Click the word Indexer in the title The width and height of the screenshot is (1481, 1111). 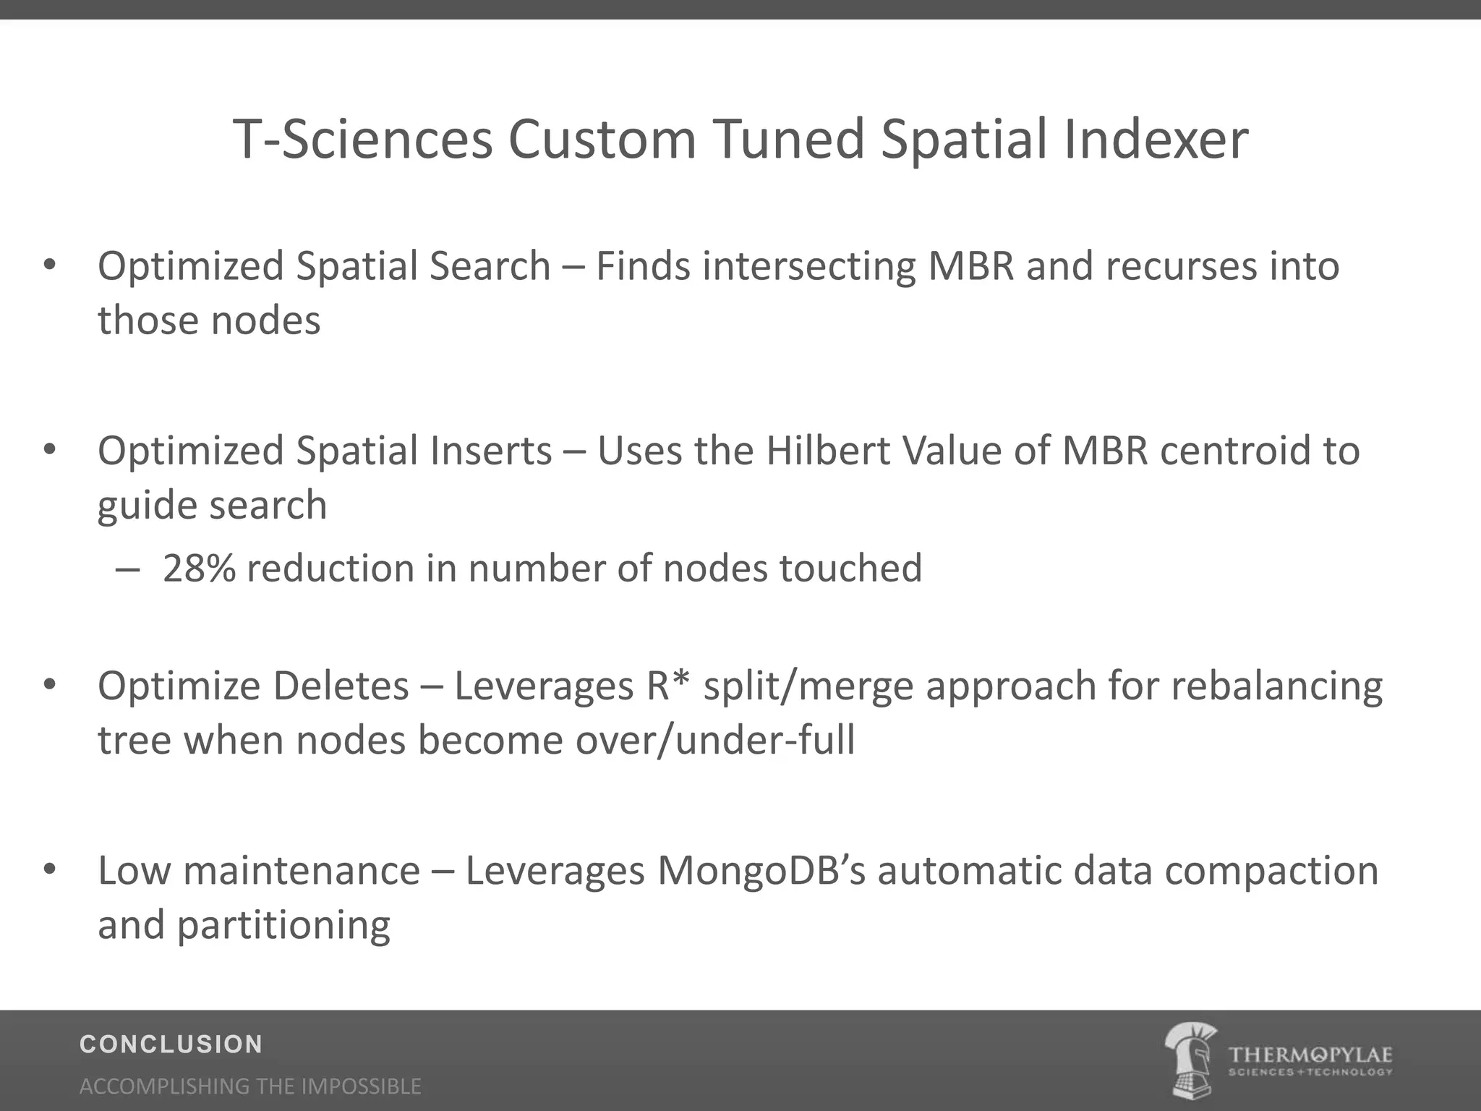[1156, 139]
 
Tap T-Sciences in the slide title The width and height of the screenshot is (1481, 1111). [362, 139]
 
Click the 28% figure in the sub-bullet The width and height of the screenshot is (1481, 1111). [199, 568]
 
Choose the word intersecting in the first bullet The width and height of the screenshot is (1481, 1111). [808, 265]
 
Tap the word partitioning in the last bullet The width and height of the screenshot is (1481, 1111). [283, 925]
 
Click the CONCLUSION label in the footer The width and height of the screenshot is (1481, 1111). [171, 1044]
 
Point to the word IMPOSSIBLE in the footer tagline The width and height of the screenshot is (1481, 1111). [361, 1086]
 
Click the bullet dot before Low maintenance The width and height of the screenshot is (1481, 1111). [49, 869]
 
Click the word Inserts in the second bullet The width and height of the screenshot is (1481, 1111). [491, 450]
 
